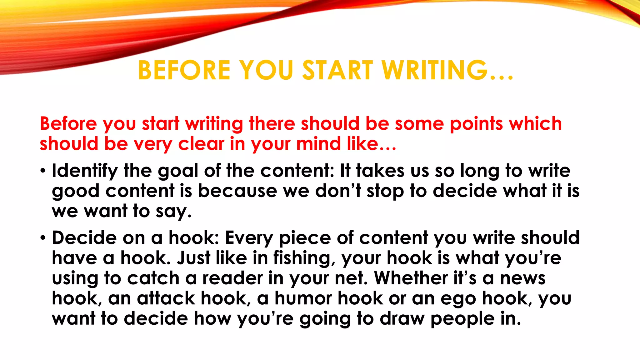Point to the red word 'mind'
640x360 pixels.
[x=318, y=144]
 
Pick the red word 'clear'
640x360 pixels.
[x=201, y=144]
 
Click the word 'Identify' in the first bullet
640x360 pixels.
[x=85, y=171]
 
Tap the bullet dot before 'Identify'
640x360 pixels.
[x=43, y=171]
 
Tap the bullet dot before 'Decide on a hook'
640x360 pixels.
[x=43, y=238]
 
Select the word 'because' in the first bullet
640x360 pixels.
[x=237, y=191]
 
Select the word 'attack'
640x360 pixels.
[x=166, y=298]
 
